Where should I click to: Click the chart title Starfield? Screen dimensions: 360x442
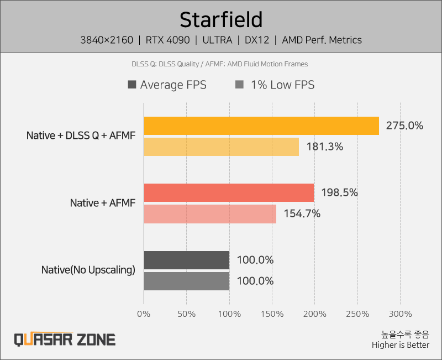pyautogui.click(x=221, y=20)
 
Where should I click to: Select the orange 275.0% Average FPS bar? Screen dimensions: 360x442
pyautogui.click(x=261, y=126)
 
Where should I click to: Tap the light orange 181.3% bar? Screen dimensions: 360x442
pyautogui.click(x=221, y=147)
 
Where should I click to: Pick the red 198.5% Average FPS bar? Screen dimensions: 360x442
pyautogui.click(x=229, y=193)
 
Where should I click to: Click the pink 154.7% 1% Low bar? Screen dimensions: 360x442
pyautogui.click(x=210, y=213)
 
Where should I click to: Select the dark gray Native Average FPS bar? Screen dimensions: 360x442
pyautogui.click(x=187, y=260)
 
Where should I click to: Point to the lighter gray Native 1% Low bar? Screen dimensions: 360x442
pyautogui.click(x=187, y=281)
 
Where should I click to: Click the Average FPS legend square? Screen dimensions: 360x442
pyautogui.click(x=132, y=85)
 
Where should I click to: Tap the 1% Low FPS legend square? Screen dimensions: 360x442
pyautogui.click(x=240, y=85)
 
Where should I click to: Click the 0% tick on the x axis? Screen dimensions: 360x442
pyautogui.click(x=144, y=314)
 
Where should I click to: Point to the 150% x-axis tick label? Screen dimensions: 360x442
pyautogui.click(x=272, y=314)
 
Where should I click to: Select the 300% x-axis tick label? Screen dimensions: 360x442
pyautogui.click(x=400, y=314)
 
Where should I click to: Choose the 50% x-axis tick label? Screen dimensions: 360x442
pyautogui.click(x=186, y=314)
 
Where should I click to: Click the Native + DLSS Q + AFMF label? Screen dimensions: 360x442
pyautogui.click(x=81, y=135)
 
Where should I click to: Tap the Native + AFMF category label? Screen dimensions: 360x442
pyautogui.click(x=102, y=203)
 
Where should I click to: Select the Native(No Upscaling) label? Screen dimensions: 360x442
pyautogui.click(x=88, y=270)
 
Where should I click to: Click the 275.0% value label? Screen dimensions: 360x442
pyautogui.click(x=404, y=126)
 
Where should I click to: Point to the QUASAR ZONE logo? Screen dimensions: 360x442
pyautogui.click(x=65, y=339)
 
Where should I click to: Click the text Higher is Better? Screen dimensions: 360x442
pyautogui.click(x=400, y=345)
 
